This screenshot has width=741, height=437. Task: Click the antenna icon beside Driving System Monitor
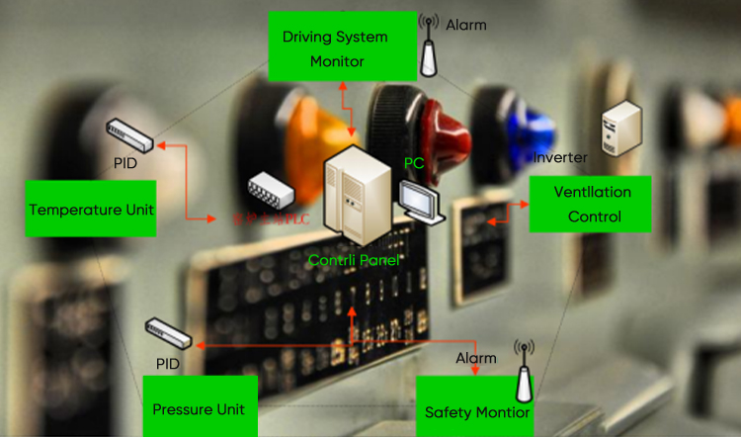(428, 45)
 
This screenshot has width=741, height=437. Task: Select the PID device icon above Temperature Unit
(129, 130)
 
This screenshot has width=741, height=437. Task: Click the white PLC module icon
(271, 189)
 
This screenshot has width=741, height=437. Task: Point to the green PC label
(414, 162)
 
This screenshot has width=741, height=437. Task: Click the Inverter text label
(560, 157)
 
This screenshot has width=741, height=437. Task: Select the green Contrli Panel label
(355, 260)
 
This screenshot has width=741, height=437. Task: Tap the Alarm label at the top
(465, 24)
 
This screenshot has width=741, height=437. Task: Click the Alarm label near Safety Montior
(476, 357)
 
